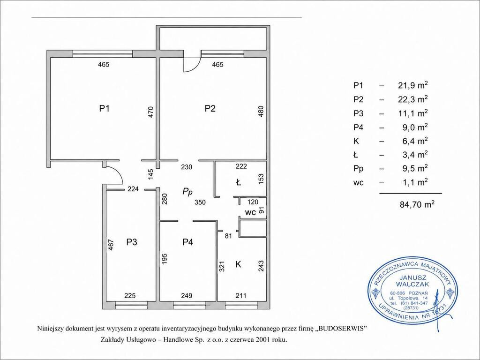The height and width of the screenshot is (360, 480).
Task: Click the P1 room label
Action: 105,108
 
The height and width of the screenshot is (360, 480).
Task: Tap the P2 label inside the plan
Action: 210,108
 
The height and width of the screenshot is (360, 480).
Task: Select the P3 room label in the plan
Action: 132,242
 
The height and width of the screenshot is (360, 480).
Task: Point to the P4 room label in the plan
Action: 187,242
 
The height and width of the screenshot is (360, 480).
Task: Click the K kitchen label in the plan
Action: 238,264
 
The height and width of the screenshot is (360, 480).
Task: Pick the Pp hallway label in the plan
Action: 187,192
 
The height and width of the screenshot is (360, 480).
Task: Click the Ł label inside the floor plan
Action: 238,183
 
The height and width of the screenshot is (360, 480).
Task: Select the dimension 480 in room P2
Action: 261,112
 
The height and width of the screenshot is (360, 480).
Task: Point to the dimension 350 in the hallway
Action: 200,202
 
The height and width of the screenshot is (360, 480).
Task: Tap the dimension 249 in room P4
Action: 187,296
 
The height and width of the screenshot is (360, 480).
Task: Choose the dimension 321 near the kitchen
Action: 223,266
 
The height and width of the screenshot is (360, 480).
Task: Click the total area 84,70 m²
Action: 417,204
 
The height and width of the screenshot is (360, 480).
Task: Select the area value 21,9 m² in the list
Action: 412,85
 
